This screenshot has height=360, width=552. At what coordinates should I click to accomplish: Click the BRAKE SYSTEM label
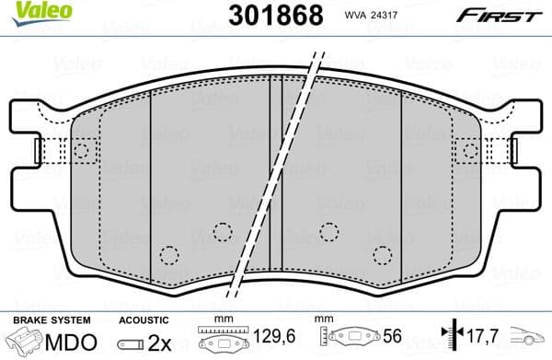[52, 319]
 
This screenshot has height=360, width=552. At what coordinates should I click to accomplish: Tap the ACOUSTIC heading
[144, 319]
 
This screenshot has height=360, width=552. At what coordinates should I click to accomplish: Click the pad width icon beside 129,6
[223, 342]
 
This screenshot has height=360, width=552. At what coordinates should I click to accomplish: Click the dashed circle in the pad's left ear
[82, 150]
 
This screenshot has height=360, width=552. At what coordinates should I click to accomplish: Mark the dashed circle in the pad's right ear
[470, 150]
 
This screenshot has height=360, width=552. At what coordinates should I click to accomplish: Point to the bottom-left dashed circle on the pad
[167, 255]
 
